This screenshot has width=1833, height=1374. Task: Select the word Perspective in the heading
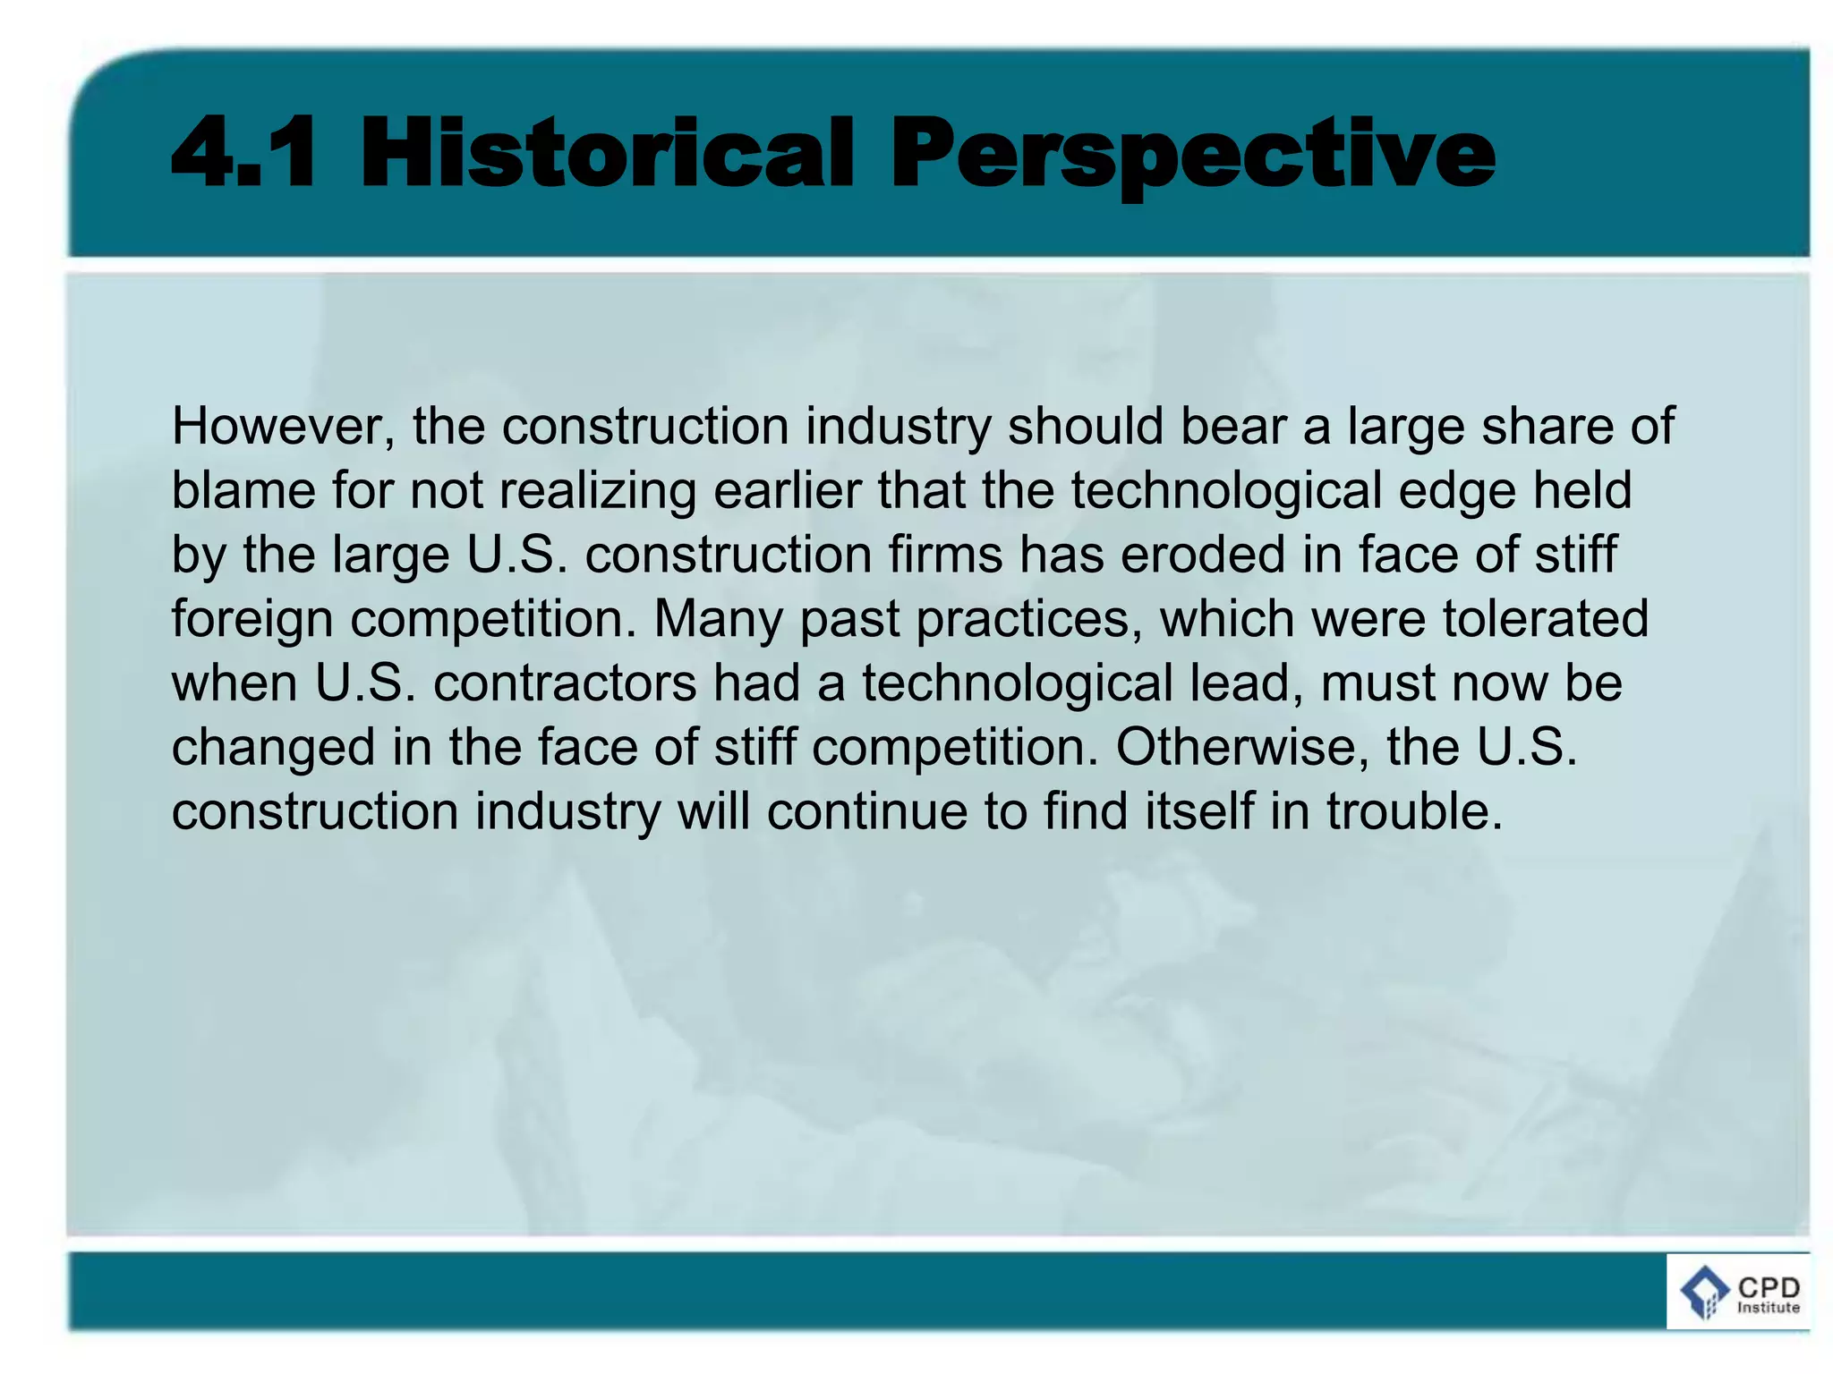point(1191,154)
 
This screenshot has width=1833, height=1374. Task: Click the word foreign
point(252,620)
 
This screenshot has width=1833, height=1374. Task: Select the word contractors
point(565,683)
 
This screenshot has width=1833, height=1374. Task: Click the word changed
point(273,748)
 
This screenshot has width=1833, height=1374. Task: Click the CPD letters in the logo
point(1769,1288)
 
